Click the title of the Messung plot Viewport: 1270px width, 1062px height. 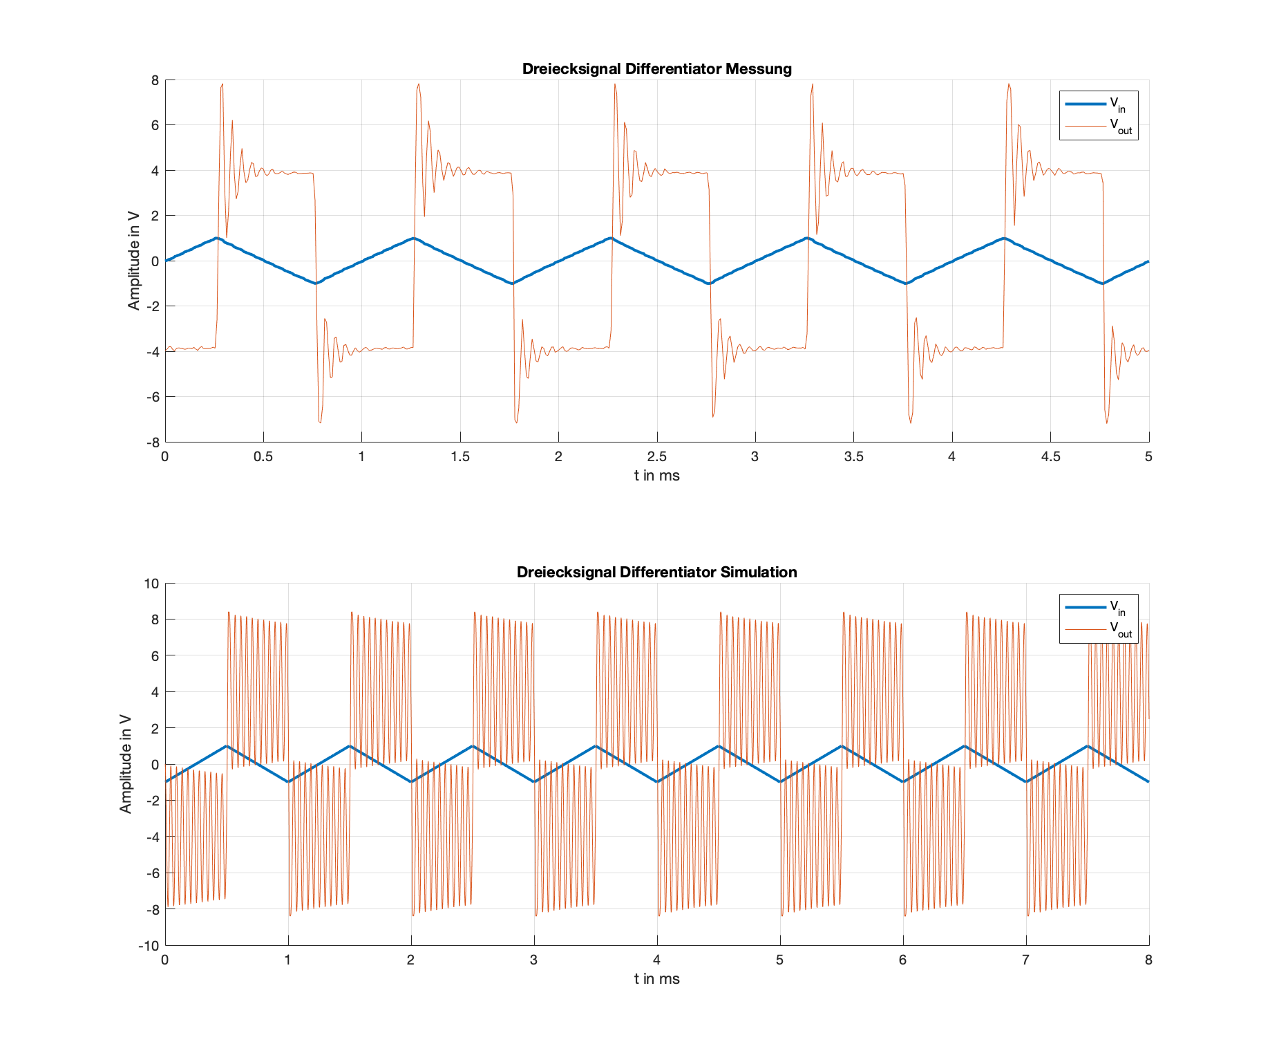click(656, 69)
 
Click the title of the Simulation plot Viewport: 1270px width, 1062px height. click(656, 572)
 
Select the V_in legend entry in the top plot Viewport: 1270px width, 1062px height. click(1099, 104)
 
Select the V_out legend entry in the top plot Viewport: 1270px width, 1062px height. click(1099, 126)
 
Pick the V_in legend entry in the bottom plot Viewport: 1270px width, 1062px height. click(1099, 608)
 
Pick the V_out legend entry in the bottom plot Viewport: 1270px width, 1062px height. click(1099, 629)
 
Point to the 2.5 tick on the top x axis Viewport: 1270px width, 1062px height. click(656, 456)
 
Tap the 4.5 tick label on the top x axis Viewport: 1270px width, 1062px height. click(1050, 456)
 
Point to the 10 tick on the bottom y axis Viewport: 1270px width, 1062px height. click(151, 584)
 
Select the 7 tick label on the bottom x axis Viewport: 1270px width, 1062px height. click(1026, 960)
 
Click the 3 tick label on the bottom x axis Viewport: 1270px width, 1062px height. click(534, 960)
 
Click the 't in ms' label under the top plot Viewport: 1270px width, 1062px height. click(656, 476)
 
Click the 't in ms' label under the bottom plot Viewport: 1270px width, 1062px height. click(656, 979)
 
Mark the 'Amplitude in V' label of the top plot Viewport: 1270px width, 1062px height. click(133, 261)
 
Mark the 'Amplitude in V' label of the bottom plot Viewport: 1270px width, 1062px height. click(125, 764)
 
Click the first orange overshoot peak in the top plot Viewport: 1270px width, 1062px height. click(222, 84)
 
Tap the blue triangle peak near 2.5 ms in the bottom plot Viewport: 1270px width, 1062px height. click(473, 746)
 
